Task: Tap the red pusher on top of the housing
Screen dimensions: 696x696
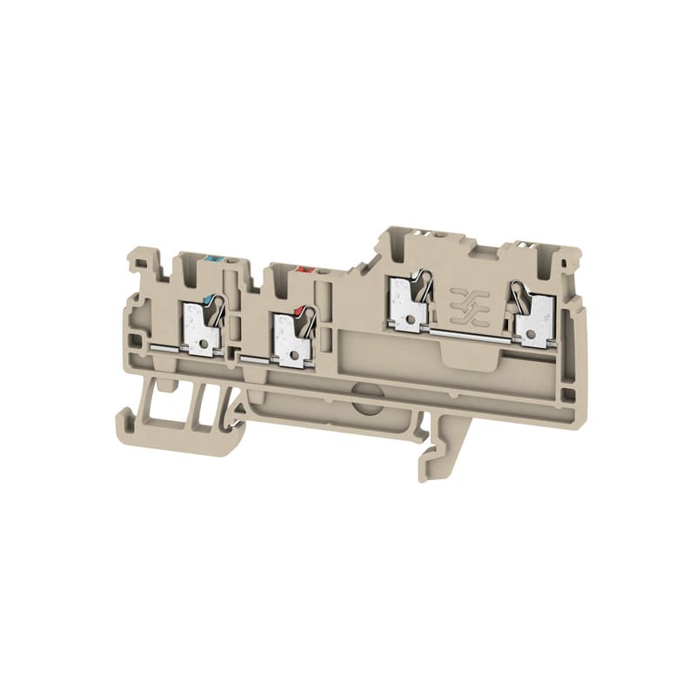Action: click(304, 271)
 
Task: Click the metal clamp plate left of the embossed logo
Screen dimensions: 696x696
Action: click(406, 307)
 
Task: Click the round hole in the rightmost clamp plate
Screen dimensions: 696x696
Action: click(531, 331)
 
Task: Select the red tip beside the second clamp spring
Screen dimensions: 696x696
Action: click(300, 311)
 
